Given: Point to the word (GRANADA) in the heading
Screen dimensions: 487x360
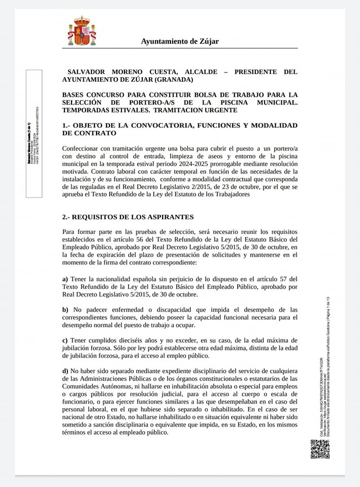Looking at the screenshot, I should pos(172,80).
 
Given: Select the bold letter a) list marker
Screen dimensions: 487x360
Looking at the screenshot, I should pos(65,279).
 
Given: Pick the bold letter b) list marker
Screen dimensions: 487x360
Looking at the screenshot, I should pos(65,309).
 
